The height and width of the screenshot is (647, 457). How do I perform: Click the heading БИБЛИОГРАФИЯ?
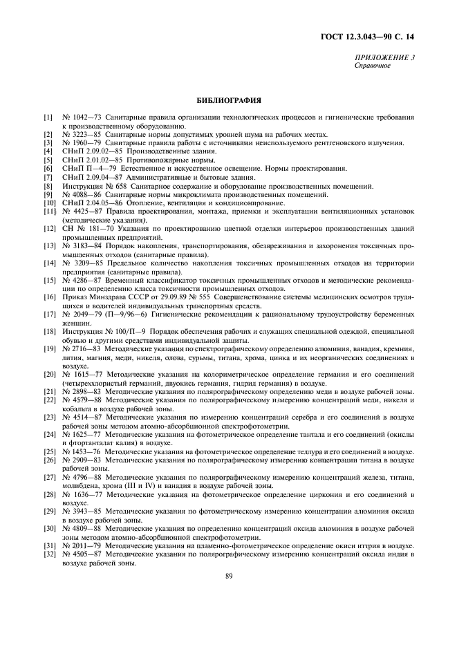(x=228, y=100)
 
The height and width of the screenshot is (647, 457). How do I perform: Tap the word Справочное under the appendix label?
(x=373, y=66)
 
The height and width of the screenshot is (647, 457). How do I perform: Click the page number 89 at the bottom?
(x=228, y=576)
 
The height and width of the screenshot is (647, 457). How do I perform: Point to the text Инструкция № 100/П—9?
(x=100, y=332)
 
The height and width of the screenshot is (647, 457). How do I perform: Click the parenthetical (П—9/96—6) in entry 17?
(x=126, y=314)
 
